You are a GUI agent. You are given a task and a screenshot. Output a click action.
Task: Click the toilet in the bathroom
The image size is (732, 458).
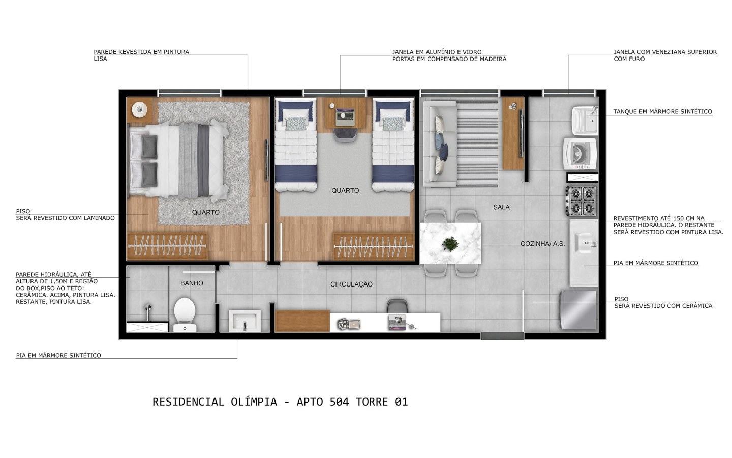(185, 314)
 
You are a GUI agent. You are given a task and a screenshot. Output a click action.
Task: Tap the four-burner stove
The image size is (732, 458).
(582, 201)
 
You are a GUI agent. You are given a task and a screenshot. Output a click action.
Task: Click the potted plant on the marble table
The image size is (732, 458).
(450, 243)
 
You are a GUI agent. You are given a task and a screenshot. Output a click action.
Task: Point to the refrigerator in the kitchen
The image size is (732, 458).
(578, 310)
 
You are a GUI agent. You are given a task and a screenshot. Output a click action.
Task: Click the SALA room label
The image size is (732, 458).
(501, 207)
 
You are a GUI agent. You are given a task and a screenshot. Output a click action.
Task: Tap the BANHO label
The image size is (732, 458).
(192, 283)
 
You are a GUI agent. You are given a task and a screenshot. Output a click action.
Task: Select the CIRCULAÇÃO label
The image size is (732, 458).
(351, 284)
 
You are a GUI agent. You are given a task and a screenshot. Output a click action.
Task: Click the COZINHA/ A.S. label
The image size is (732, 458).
(542, 244)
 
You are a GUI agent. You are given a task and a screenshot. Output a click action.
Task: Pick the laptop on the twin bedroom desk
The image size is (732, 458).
(345, 118)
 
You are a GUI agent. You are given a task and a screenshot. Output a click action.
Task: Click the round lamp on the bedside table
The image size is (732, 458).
(139, 109)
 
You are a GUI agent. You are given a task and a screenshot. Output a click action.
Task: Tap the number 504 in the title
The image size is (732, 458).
(339, 402)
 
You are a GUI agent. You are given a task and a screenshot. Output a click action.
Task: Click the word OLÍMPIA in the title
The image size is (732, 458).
(254, 402)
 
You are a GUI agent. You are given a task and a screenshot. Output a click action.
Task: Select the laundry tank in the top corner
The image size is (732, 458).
(585, 121)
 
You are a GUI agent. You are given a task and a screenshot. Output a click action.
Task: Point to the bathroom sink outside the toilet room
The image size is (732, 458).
(245, 321)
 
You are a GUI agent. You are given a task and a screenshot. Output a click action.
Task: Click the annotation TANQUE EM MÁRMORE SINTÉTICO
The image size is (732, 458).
(663, 111)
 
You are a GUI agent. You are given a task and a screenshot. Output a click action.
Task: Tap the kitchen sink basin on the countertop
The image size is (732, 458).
(584, 243)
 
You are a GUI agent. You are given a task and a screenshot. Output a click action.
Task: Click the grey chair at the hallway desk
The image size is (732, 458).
(397, 306)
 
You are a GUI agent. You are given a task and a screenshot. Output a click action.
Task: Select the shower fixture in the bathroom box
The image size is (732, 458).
(148, 312)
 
